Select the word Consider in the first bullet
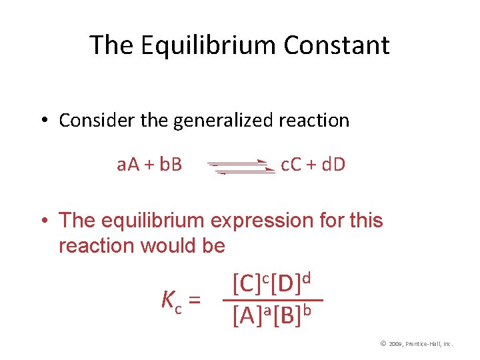[x=90, y=121]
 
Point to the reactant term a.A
[x=130, y=164]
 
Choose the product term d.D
[x=333, y=164]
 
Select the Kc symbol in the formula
[x=171, y=301]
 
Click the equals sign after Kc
[x=195, y=301]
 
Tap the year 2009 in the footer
[x=396, y=344]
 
